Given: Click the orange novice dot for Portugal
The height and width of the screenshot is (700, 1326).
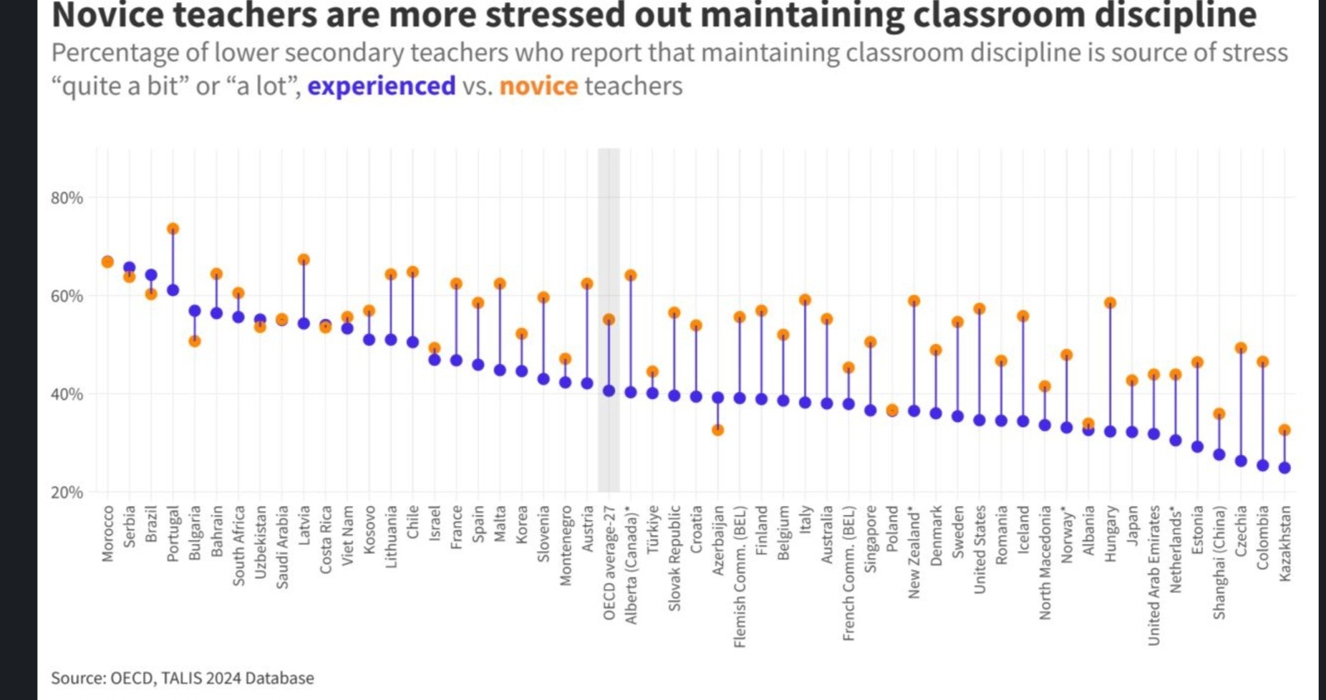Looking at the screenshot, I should [173, 229].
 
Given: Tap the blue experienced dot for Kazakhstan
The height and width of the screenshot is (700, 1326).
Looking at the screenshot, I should [1284, 468].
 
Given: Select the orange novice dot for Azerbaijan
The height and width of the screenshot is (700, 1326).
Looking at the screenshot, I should [717, 430].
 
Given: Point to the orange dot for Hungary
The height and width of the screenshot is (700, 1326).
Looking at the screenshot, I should [1110, 303].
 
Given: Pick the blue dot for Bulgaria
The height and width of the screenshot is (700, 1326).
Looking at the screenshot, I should [195, 311].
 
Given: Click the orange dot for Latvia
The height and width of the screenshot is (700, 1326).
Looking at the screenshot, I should [304, 260].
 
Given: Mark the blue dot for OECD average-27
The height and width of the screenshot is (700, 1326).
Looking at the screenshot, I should [609, 391].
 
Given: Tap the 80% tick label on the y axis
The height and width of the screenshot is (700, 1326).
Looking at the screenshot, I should [67, 198].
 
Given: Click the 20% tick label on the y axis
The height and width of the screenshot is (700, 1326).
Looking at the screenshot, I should [67, 493].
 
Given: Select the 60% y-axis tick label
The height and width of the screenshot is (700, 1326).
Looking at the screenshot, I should [67, 297].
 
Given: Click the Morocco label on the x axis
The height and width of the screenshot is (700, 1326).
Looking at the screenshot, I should [107, 534].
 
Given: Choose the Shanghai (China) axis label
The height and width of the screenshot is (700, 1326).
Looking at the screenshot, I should [1219, 562].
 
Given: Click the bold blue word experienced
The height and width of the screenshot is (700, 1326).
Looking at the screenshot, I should [381, 86].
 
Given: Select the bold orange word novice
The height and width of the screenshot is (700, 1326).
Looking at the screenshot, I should [538, 86].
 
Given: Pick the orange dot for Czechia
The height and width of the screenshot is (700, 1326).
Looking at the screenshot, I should [1241, 348].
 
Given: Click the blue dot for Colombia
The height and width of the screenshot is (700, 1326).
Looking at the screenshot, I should [1263, 466].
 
